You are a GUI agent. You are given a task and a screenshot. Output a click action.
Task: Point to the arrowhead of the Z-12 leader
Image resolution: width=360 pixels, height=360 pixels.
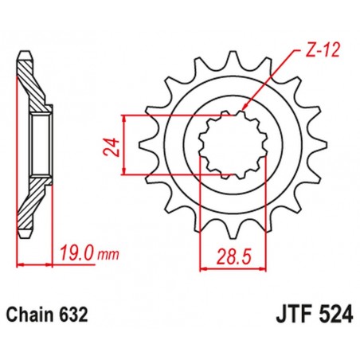tap(242, 107)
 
